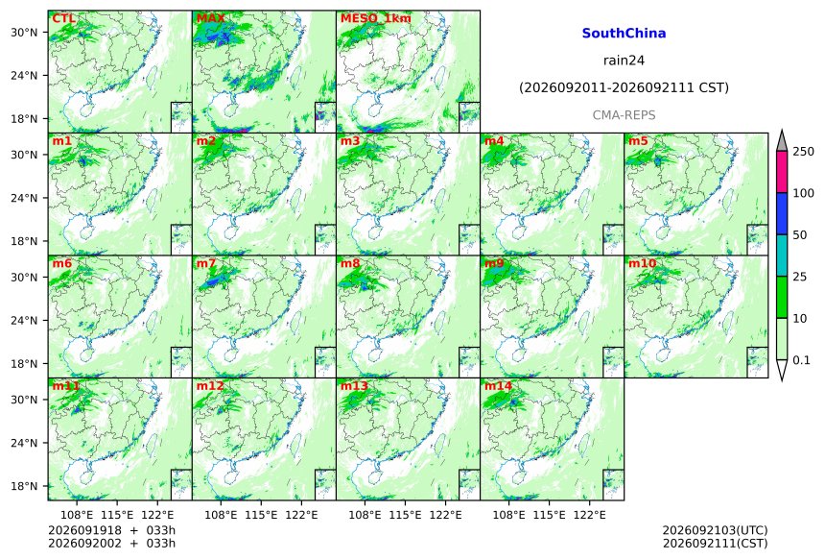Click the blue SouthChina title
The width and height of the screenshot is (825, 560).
[x=624, y=34]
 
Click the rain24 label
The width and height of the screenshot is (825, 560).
[x=624, y=61]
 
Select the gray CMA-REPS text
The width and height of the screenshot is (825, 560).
[x=624, y=115]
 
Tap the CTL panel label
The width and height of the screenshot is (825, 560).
[x=63, y=18]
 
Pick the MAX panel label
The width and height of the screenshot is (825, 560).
[x=210, y=18]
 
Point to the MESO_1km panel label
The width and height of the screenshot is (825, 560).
[x=376, y=18]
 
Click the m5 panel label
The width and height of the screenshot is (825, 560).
[x=638, y=141]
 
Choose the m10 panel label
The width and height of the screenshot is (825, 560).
[x=642, y=263]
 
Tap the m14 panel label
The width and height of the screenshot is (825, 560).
[x=498, y=386]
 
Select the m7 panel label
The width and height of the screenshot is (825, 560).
[x=206, y=263]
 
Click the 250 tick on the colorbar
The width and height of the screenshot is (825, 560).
[x=804, y=152]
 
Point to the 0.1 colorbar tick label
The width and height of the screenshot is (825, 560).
[x=802, y=360]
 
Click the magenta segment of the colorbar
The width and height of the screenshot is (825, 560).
[x=782, y=172]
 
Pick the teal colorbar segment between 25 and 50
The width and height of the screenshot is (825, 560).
[x=782, y=256]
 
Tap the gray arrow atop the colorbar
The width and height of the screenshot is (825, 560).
[x=782, y=141]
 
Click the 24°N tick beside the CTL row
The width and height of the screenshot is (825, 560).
[x=24, y=75]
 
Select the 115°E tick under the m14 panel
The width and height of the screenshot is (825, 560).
[x=550, y=515]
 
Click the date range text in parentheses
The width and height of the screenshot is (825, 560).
[x=624, y=87]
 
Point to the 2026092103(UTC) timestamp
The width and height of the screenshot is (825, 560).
[x=715, y=530]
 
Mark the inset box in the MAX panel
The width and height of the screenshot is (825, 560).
[x=325, y=117]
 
